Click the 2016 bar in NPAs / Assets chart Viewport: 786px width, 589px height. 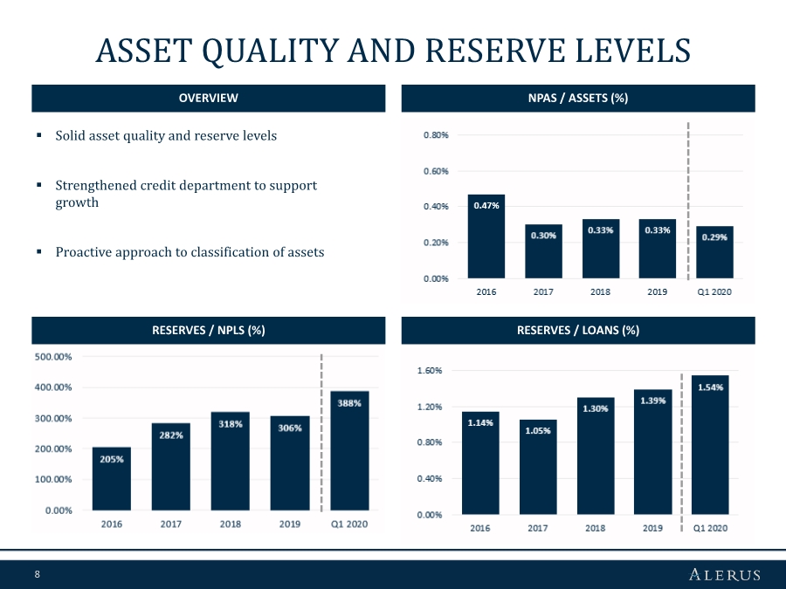486,240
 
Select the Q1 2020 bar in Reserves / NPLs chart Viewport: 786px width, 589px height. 349,454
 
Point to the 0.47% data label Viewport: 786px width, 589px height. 486,206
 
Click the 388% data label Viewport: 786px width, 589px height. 350,403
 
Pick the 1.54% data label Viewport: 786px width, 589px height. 710,387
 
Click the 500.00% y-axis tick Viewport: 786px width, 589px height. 53,357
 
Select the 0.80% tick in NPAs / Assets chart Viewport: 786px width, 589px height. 436,135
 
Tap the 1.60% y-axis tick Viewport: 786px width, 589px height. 430,371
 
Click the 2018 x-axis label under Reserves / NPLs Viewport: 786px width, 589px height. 231,524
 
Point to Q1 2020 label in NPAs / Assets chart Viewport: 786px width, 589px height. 714,292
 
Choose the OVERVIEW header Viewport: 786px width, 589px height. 208,99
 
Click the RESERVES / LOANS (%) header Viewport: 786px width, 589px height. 577,330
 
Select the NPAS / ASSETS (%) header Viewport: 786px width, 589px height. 577,99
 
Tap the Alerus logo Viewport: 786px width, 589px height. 724,574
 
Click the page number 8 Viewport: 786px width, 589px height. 38,574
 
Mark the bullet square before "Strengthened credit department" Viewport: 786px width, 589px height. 39,186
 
